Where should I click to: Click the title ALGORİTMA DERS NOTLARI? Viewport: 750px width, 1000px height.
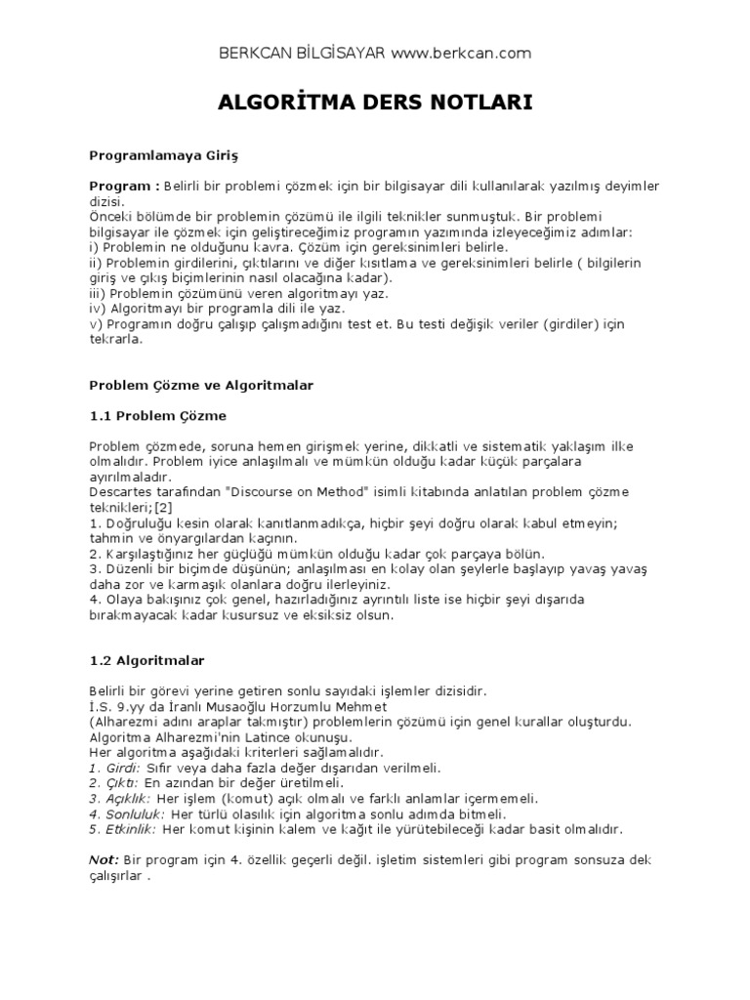(x=374, y=103)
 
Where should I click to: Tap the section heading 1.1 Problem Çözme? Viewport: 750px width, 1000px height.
(x=157, y=415)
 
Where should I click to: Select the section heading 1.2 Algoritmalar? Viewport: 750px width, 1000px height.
(x=147, y=660)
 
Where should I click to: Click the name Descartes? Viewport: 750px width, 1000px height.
(x=120, y=490)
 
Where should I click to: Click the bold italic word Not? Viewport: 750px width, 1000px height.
(x=104, y=859)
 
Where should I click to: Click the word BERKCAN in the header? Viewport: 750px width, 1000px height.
(x=258, y=53)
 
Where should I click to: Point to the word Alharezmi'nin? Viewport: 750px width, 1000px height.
(x=200, y=737)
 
